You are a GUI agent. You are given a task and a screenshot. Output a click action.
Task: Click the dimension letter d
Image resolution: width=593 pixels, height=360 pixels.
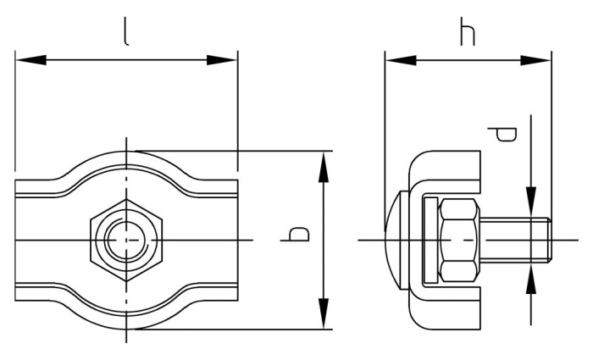[506, 135]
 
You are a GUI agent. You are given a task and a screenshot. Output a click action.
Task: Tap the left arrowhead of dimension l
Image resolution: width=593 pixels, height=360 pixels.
[25, 60]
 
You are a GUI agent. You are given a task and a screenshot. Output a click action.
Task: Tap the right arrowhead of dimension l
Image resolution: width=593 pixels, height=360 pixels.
[227, 60]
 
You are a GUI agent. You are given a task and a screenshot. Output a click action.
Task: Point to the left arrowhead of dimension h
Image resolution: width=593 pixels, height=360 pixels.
[396, 60]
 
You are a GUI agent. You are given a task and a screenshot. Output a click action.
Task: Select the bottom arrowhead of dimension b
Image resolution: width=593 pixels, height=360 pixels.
[323, 318]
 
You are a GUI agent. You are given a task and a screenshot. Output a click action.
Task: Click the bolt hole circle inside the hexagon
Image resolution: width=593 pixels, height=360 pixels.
[126, 241]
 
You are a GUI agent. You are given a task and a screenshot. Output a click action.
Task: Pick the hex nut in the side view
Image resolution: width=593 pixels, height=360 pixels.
[459, 241]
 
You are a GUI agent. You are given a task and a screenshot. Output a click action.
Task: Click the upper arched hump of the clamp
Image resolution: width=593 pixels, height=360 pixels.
[126, 166]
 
